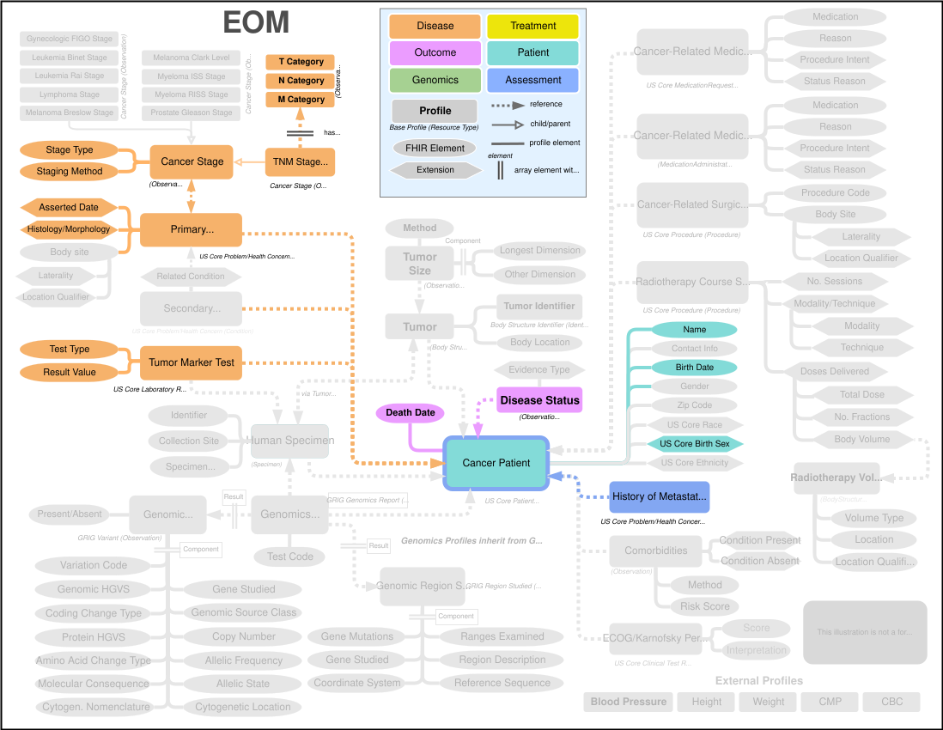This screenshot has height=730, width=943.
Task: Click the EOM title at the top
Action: tap(256, 21)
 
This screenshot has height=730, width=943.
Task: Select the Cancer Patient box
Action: tap(496, 463)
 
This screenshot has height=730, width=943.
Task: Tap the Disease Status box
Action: tap(539, 400)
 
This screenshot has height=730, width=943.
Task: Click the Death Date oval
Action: tap(411, 413)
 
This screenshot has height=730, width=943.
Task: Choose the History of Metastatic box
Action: tap(660, 496)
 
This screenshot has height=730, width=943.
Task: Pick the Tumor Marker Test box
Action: tap(192, 362)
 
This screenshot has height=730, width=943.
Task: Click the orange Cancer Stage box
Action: tap(192, 161)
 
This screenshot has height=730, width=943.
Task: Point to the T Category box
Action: tap(301, 62)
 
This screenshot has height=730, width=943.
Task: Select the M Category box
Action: tap(301, 100)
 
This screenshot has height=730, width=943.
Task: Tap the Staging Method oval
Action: tap(70, 172)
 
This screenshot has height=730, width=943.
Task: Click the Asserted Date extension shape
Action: tap(69, 208)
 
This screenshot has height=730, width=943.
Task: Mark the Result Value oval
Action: tap(70, 373)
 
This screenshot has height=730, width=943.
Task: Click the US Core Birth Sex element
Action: tap(695, 444)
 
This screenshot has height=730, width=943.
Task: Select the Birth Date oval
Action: tap(694, 368)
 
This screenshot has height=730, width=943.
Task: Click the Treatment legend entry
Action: tap(533, 26)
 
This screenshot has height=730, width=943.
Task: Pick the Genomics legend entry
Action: tap(435, 80)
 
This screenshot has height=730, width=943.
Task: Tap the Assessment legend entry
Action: tap(533, 80)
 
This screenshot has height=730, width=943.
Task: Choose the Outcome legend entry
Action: tap(435, 52)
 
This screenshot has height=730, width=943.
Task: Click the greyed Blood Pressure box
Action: tap(629, 702)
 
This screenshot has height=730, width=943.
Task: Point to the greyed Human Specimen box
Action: tap(290, 441)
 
